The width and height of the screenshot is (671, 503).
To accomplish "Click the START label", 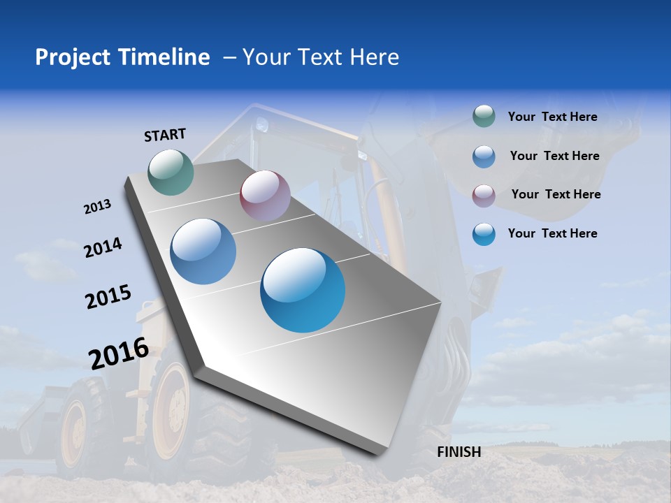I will (x=165, y=135).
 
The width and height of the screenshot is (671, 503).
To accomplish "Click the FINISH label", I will (x=459, y=452).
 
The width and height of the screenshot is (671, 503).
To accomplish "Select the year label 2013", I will (x=98, y=207).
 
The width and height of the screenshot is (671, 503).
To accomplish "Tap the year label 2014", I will (x=103, y=247).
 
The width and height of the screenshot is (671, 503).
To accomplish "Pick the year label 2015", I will (x=108, y=297).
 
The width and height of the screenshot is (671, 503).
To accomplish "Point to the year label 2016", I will (x=119, y=353).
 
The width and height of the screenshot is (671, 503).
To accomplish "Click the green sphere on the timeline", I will (x=171, y=172).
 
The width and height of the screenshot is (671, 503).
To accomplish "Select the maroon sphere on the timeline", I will (x=265, y=196).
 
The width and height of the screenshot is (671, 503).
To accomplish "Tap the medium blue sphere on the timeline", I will (x=203, y=251).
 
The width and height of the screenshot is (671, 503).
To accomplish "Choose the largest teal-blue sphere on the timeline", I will (x=303, y=290).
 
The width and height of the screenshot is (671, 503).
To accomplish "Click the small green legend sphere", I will (x=484, y=117).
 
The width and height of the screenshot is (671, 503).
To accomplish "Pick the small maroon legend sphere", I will (x=484, y=195).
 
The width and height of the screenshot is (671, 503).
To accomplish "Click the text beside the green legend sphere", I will (x=552, y=117).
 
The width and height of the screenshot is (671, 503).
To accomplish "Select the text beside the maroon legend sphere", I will (x=556, y=194).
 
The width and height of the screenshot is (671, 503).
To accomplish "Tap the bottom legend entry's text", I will (x=552, y=233).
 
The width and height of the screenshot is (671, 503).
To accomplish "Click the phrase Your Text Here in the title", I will (x=321, y=57).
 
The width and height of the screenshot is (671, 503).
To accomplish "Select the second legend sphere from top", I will (x=484, y=156).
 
